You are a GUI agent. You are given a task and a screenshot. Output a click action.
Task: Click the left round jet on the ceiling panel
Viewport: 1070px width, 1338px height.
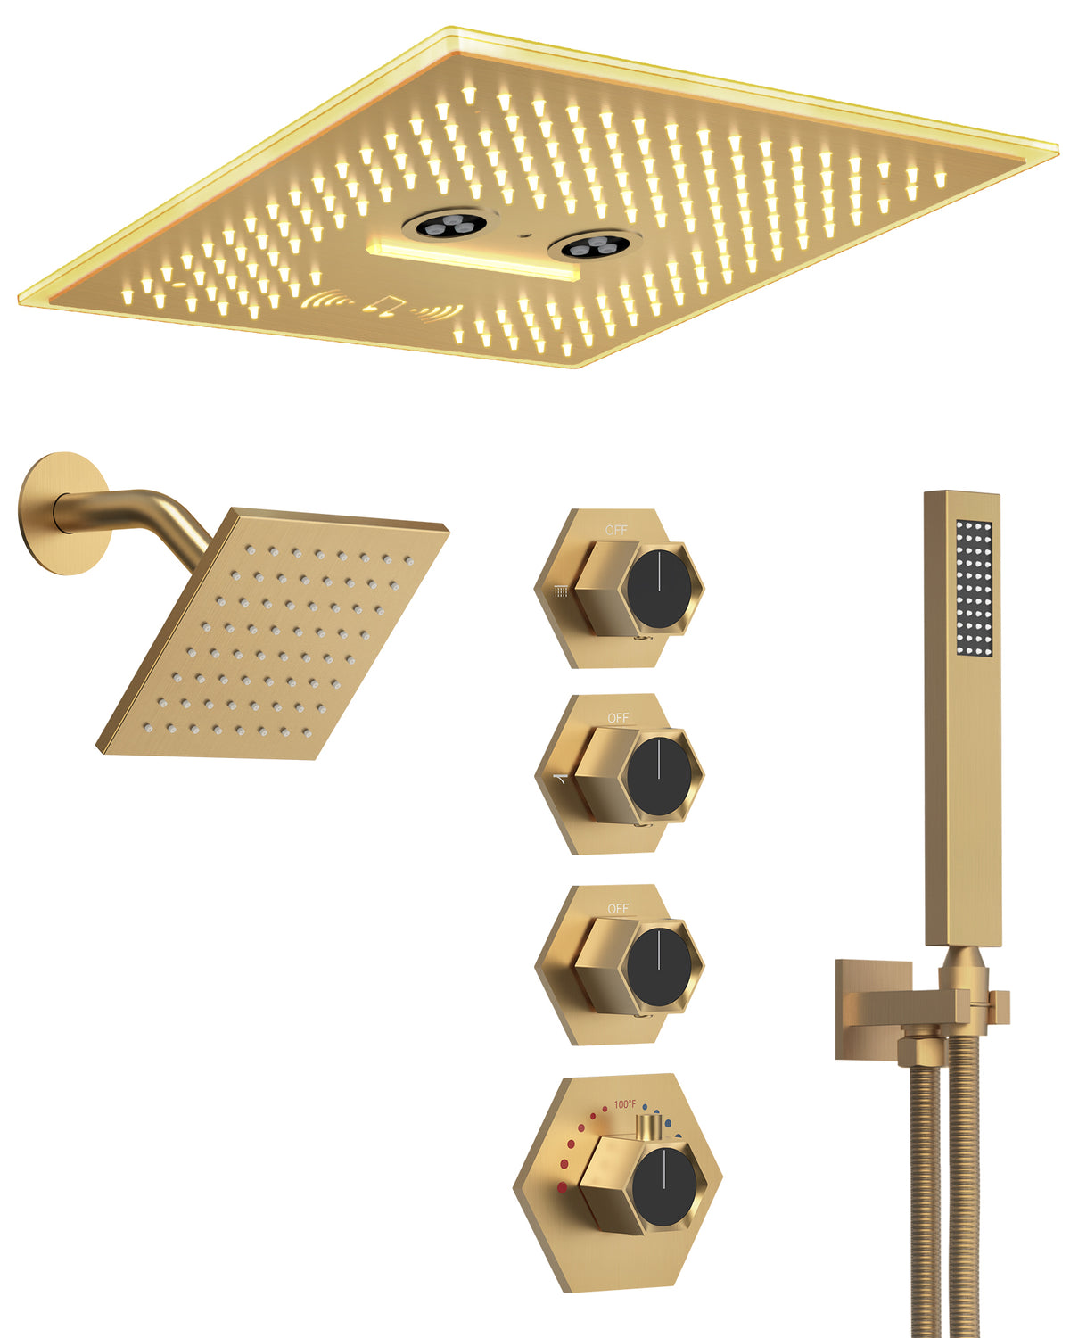[449, 224]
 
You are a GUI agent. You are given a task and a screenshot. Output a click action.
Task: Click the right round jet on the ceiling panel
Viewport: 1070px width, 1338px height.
[595, 246]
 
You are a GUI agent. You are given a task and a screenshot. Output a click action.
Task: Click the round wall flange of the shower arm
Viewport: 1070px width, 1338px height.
[65, 514]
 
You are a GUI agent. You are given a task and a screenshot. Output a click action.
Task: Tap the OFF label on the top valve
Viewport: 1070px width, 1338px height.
[616, 531]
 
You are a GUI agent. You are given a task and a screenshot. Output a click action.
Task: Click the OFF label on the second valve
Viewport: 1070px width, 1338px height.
[617, 718]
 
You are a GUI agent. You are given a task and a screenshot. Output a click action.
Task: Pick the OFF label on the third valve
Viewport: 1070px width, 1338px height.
[617, 908]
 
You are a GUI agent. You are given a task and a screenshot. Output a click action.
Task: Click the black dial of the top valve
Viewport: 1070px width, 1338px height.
[659, 589]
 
